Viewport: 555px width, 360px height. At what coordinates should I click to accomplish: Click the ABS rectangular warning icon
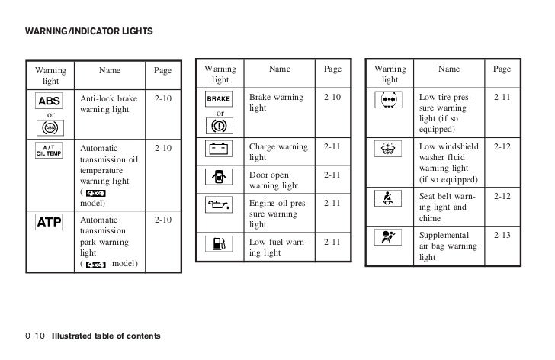pyautogui.click(x=50, y=101)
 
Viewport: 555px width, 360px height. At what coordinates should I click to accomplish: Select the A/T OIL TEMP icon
pyautogui.click(x=50, y=149)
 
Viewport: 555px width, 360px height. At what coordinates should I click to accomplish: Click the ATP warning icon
pyautogui.click(x=50, y=223)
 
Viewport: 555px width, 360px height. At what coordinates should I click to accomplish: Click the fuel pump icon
pyautogui.click(x=219, y=245)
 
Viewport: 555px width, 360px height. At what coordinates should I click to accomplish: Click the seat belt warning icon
pyautogui.click(x=390, y=200)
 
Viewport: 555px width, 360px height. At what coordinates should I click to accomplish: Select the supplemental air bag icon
pyautogui.click(x=390, y=237)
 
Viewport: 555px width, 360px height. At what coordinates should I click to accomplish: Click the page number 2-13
pyautogui.click(x=502, y=236)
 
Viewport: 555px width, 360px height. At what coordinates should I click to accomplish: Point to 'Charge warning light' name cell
pyautogui.click(x=278, y=151)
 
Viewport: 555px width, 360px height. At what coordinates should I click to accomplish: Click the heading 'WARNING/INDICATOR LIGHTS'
pyautogui.click(x=89, y=31)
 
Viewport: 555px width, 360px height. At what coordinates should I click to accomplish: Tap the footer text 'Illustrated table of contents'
pyautogui.click(x=106, y=336)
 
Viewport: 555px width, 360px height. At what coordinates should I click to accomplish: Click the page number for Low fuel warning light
pyautogui.click(x=332, y=243)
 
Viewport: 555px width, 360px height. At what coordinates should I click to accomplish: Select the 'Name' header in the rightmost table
pyautogui.click(x=449, y=69)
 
